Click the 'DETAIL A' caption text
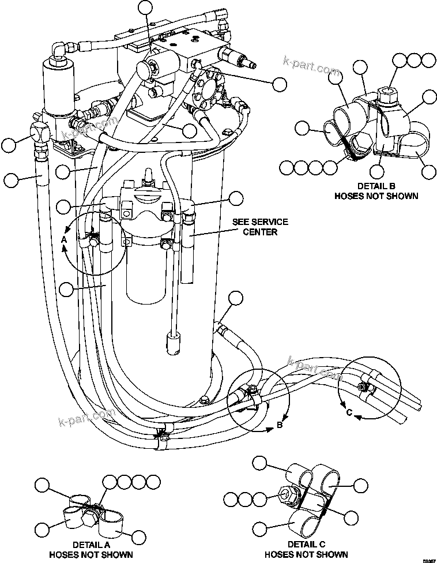click(91, 544)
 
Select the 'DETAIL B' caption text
click(376, 186)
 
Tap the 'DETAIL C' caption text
click(306, 544)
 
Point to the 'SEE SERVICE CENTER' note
click(260, 227)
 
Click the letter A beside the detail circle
click(64, 239)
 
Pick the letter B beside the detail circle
click(280, 425)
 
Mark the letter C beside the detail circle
click(349, 412)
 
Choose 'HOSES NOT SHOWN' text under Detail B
click(376, 196)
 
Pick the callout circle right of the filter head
click(235, 199)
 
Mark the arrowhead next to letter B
click(269, 428)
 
